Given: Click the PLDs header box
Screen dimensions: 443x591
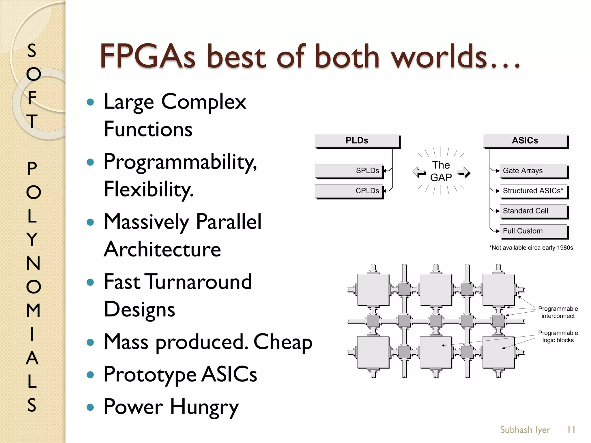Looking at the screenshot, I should coord(357,141).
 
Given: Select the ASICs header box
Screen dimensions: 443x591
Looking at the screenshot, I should coord(525,141).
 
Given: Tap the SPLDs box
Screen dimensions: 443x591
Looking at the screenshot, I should coord(349,171).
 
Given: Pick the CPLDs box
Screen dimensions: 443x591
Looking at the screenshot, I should coord(349,191).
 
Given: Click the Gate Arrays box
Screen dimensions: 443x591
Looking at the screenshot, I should coord(533,171).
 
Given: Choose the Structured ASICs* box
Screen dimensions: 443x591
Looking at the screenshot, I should coord(533,191).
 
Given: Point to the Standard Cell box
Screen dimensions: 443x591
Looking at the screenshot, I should coord(533,211).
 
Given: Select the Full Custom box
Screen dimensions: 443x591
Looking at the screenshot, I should coord(533,231).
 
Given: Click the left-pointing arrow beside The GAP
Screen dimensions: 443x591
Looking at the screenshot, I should coord(419,172).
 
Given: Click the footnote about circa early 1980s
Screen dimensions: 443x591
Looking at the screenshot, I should coord(531,248).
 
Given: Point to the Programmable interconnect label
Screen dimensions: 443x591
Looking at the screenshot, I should coord(558,312).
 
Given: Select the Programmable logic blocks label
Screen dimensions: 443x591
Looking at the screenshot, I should coord(558,337).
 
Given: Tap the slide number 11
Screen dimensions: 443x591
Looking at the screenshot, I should coord(571,430).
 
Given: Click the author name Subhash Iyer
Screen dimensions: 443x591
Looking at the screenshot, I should coord(525,430).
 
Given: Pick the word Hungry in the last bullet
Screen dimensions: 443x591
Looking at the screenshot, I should coord(204,407).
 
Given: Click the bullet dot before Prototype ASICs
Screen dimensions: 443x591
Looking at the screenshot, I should coord(90,375).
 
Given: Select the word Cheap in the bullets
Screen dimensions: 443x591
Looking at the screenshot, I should coord(283,342).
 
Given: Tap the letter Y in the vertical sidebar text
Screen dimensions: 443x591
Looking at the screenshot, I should coord(32,239).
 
